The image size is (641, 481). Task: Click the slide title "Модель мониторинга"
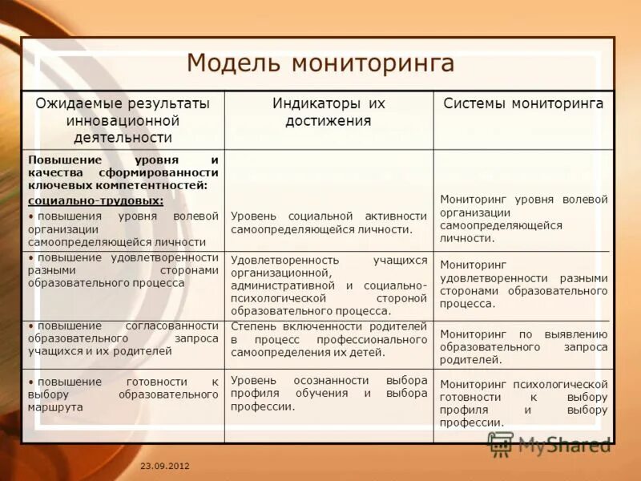coord(320,63)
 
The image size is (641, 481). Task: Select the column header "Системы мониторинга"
coord(523,103)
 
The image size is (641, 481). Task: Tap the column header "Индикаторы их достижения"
coord(329,112)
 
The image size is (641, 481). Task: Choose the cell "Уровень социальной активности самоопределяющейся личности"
coord(329,223)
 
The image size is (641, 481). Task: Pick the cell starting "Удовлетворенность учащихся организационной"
coord(329,285)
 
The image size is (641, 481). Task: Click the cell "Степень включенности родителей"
coord(329,338)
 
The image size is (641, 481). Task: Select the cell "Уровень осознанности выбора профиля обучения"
coord(329,393)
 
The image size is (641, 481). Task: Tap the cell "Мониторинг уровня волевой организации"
coord(523,218)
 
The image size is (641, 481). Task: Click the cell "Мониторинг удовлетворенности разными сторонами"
coord(523,284)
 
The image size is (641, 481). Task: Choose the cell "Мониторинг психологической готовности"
coord(523,403)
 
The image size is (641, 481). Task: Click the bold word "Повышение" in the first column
coord(60,160)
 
